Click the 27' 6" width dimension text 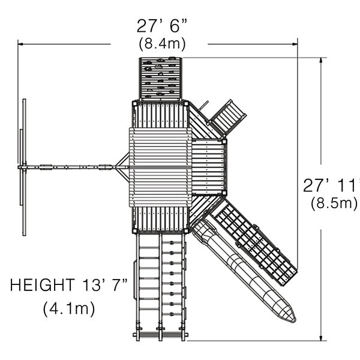[162, 26]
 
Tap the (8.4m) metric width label [162, 43]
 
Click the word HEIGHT [43, 285]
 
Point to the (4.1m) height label [69, 308]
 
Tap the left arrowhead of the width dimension [20, 44]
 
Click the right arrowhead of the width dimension [295, 44]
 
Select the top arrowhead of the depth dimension [321, 60]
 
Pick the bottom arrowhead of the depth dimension [321, 337]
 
